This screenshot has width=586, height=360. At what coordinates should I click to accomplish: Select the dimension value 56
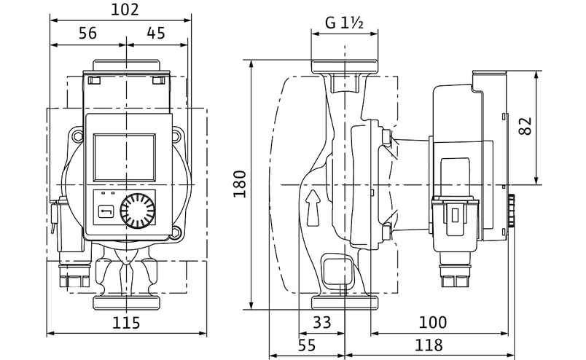click(x=87, y=32)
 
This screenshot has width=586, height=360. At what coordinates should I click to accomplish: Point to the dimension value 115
click(x=126, y=322)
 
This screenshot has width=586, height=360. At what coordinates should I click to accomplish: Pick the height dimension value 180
click(x=238, y=189)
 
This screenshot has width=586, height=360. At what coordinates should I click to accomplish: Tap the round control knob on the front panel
click(x=138, y=211)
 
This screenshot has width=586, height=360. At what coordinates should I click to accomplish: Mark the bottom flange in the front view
click(x=127, y=301)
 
